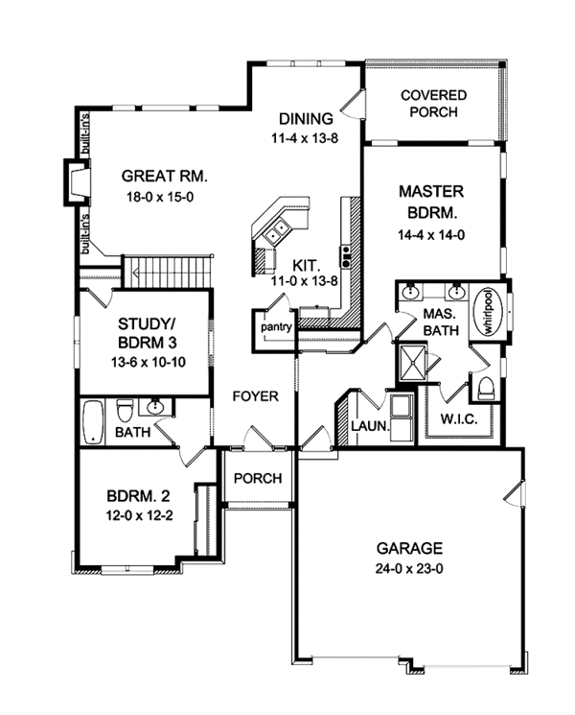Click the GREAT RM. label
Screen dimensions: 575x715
[164, 176]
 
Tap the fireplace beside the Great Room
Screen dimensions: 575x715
[77, 182]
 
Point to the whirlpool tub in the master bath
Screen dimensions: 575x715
[489, 312]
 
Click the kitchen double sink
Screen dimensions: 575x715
[277, 230]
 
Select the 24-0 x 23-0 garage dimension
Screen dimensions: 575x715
[409, 568]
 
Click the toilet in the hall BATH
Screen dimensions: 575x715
[125, 411]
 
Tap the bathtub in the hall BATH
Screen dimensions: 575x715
[94, 421]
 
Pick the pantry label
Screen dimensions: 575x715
[276, 327]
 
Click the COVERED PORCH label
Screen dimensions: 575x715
[433, 104]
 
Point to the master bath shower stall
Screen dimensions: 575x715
[413, 362]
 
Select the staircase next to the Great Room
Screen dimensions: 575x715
[168, 272]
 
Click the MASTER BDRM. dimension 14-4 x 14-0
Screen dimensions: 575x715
[431, 235]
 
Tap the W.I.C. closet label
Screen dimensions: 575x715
[459, 418]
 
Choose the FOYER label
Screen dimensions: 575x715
[256, 396]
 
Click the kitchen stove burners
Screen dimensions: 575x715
[347, 256]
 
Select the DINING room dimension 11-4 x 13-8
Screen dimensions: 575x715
[305, 138]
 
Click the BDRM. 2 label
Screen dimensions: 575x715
[139, 495]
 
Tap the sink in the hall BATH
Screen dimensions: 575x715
[155, 407]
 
